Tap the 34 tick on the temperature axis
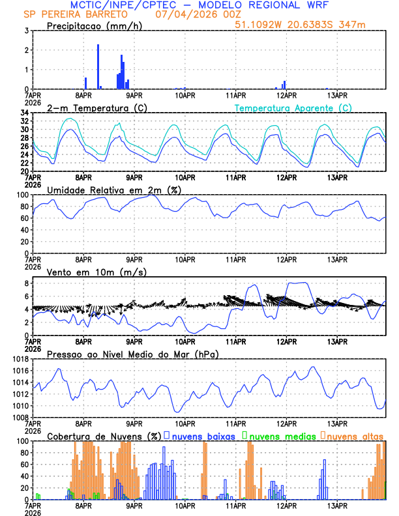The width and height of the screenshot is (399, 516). pyautogui.click(x=24, y=113)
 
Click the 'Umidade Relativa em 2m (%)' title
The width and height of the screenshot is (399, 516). pyautogui.click(x=114, y=190)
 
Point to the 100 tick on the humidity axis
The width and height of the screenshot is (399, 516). pyautogui.click(x=21, y=195)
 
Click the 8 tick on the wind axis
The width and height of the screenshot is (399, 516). pyautogui.click(x=24, y=283)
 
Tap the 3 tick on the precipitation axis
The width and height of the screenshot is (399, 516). pyautogui.click(x=26, y=31)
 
